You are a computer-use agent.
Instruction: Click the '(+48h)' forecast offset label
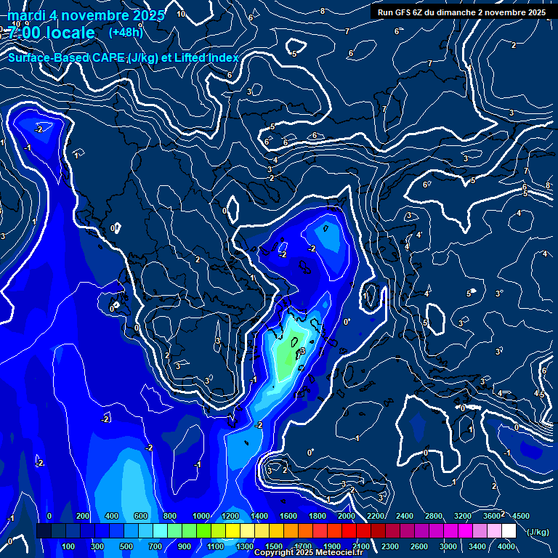(126, 32)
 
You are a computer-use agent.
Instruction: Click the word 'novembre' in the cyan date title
(91, 15)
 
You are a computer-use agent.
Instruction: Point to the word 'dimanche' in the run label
(468, 12)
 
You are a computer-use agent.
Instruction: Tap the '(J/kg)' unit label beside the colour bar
(537, 533)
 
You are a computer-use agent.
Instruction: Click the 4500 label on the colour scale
(520, 516)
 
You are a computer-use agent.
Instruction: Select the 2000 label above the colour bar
(346, 516)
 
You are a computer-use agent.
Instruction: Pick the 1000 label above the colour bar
(201, 516)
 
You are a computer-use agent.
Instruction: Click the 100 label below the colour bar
(69, 546)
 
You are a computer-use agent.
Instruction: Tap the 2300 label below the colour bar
(389, 546)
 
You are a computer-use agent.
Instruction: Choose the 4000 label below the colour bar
(506, 546)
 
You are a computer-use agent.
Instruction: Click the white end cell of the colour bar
(509, 531)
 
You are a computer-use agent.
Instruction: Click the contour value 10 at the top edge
(181, 14)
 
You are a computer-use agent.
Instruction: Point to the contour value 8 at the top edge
(323, 11)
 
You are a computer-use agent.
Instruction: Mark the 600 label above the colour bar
(140, 516)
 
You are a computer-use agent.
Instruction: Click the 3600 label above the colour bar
(491, 516)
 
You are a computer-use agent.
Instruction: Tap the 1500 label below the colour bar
(273, 546)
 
